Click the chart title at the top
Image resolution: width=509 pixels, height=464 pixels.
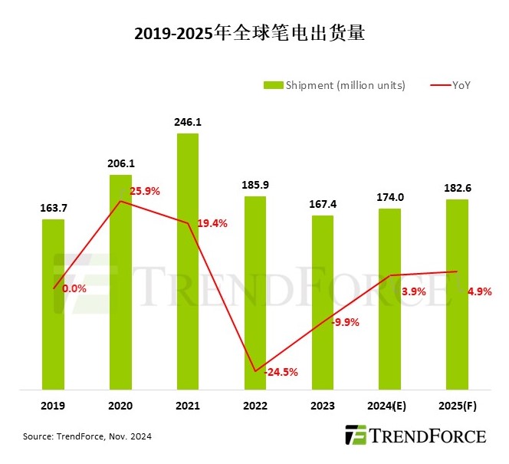(254, 34)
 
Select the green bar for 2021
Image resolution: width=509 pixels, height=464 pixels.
(188, 261)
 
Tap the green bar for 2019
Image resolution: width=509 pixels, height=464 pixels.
(53, 304)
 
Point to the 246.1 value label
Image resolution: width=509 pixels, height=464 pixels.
(188, 122)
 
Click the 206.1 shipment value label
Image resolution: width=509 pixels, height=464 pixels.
(120, 163)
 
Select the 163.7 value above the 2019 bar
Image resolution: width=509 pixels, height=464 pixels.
(53, 208)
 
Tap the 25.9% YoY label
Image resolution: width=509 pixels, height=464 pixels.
(144, 191)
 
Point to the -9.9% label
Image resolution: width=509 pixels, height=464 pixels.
(345, 322)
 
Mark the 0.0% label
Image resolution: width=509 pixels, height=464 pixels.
(74, 289)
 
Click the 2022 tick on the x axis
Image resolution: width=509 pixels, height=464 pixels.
(255, 406)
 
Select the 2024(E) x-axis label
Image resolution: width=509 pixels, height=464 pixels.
(390, 406)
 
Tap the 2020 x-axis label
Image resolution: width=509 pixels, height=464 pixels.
(120, 406)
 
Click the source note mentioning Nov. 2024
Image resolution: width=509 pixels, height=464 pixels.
(87, 437)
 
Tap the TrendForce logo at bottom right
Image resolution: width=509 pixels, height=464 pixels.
(415, 436)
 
